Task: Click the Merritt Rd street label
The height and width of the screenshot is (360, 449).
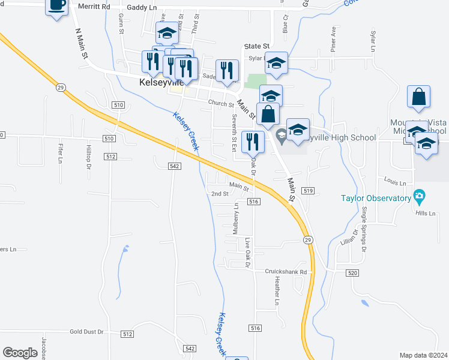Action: [x=94, y=6]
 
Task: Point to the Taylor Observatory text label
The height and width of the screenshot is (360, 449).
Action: [x=375, y=197]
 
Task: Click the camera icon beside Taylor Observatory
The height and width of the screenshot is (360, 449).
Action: [x=419, y=196]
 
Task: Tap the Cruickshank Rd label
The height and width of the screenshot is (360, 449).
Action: [x=286, y=272]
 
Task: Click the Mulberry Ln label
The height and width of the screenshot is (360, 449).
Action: [x=236, y=218]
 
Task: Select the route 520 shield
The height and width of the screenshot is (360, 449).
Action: [x=352, y=272]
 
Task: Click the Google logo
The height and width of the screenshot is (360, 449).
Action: [x=20, y=353]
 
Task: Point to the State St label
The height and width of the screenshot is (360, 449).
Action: [x=257, y=46]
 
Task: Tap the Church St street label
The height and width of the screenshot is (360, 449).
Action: [x=221, y=103]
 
